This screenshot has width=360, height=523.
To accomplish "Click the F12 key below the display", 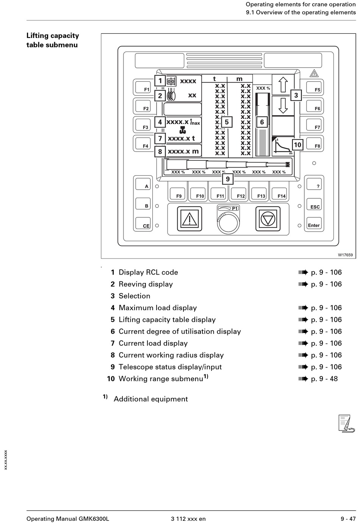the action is click(x=238, y=193).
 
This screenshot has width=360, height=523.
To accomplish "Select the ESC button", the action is click(x=314, y=204).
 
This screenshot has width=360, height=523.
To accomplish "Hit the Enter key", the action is click(x=314, y=223).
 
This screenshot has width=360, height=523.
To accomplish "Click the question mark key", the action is click(x=314, y=184).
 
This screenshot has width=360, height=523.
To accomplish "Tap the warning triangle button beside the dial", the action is click(x=189, y=219).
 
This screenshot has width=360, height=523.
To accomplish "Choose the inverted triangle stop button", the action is click(x=268, y=219).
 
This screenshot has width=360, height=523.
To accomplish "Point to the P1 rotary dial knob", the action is click(x=228, y=223).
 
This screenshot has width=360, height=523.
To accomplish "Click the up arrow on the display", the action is click(x=283, y=85).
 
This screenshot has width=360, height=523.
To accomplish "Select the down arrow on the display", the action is click(x=283, y=105).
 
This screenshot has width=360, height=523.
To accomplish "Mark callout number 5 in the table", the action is click(x=227, y=122).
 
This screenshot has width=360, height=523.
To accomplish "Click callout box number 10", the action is click(x=297, y=145).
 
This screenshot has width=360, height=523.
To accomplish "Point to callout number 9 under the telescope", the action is click(x=228, y=179).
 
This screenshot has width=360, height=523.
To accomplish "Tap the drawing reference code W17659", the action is click(x=345, y=255).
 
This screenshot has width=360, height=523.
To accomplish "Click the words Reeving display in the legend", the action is click(x=146, y=284).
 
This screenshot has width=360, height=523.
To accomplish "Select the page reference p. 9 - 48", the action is click(x=324, y=379).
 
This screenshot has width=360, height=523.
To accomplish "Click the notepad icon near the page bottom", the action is click(x=346, y=424).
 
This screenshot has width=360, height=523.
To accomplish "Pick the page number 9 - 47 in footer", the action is click(x=348, y=519).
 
